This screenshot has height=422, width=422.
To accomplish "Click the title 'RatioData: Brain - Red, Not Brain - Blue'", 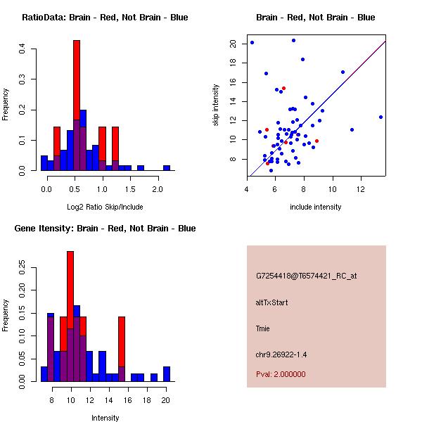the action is coord(105,18).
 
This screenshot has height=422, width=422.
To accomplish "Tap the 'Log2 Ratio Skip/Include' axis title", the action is coord(105,207).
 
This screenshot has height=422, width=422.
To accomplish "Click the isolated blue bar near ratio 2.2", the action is coord(167,168).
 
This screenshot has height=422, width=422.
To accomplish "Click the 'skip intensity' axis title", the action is coord(216,105).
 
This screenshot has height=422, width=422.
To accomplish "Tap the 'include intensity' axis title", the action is coord(316,207).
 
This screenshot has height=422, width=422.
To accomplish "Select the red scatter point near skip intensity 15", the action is coord(283,89).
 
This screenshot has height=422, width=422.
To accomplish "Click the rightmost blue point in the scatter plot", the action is coord(381,117).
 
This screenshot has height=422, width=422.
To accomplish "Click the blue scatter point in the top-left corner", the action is coord(252,42).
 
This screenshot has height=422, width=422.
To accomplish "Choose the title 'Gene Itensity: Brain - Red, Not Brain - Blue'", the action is coord(105,229).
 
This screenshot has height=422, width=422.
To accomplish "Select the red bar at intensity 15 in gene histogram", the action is coord(122,342).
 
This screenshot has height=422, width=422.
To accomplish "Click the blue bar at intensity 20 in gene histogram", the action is coord(167,374).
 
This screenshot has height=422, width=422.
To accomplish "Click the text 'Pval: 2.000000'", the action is coord(281,374).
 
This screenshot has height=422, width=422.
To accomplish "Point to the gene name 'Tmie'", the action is coord(262,328).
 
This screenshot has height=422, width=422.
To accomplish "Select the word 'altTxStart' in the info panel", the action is coord(271,302).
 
